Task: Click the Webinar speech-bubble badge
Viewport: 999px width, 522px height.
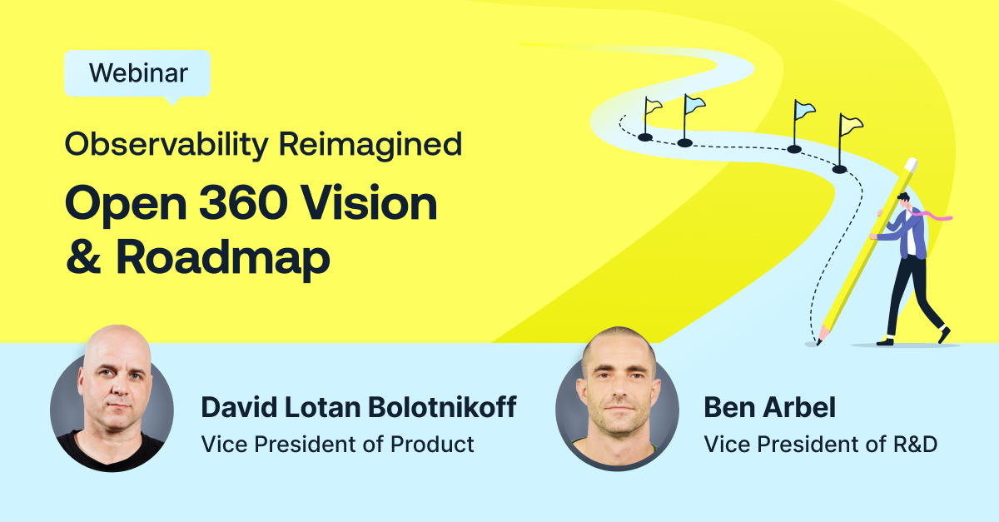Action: coord(137,74)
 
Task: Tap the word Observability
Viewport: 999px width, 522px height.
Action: coord(166,145)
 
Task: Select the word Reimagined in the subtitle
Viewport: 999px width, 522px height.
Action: coord(370,145)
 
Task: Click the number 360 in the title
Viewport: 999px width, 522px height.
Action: coord(243,203)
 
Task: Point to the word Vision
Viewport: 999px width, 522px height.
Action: coord(370,203)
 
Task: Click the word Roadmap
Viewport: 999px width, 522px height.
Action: coord(222,257)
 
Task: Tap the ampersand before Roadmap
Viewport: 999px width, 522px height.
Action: coord(83,256)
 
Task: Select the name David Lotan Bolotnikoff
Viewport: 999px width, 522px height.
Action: coord(359,407)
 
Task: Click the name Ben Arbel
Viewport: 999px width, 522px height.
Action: coord(769,407)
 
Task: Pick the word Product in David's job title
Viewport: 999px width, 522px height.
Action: coord(432,445)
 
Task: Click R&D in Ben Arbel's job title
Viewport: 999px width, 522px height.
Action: coord(915,445)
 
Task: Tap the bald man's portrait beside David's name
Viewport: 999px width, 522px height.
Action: coord(112,399)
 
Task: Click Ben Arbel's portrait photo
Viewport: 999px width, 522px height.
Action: coord(617,399)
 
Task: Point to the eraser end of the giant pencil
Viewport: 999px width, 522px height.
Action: coord(911,164)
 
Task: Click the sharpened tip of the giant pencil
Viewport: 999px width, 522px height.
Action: coord(819,342)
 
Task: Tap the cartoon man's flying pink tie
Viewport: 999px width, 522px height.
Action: coord(934,216)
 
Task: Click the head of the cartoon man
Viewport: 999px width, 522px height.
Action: coord(904,200)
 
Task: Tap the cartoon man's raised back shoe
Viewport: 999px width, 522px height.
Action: coord(944,335)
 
